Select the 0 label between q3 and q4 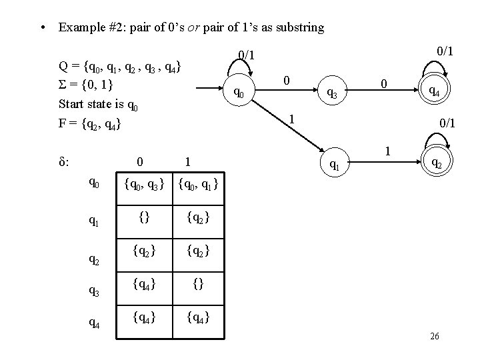tap(383, 84)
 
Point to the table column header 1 tap(189, 161)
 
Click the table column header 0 tap(138, 161)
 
